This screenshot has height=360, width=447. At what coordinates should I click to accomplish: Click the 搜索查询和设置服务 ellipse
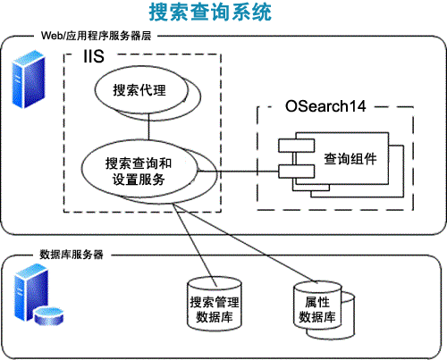click(138, 171)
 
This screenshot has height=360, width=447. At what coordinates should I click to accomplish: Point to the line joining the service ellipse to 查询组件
click(238, 171)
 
